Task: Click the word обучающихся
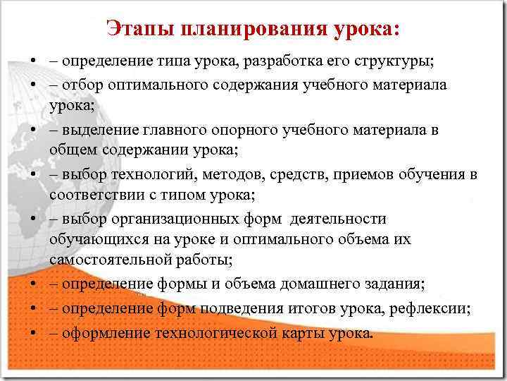[95, 239]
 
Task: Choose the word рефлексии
[435, 308]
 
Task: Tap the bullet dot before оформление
[34, 332]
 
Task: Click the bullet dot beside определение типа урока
[34, 61]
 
